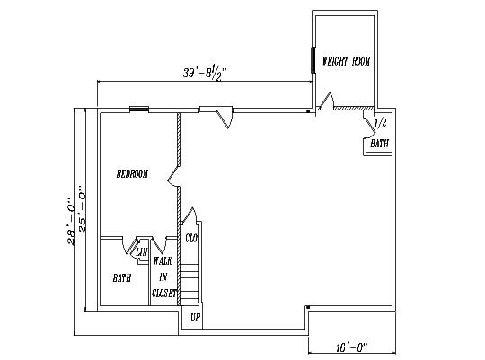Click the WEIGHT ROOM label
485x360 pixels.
[346, 61]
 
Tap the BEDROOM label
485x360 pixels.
[132, 174]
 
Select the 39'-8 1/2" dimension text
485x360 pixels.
[205, 73]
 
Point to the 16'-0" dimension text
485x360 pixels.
[351, 347]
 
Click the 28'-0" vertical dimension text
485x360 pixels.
[71, 222]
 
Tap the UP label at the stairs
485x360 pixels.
[196, 318]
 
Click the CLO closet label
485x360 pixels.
[191, 238]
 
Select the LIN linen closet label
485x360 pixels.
[142, 252]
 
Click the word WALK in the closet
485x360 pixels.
[163, 260]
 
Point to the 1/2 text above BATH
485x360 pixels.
[381, 123]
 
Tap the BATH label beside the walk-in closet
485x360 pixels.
[122, 278]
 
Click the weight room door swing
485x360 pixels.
[325, 101]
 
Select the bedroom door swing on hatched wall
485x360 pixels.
[173, 176]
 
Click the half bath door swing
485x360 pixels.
[369, 127]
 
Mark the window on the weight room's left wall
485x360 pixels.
[313, 60]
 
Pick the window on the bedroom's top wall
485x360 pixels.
[139, 109]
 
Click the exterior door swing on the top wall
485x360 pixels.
[225, 118]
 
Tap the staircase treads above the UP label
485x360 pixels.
[189, 285]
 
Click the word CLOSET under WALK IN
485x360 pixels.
[164, 294]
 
